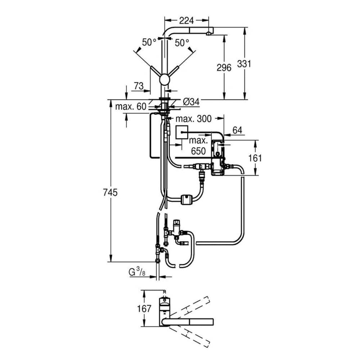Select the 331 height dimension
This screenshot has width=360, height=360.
[244, 64]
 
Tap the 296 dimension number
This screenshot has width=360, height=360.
[224, 67]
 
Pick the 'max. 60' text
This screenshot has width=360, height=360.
[131, 107]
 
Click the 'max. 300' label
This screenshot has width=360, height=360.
[193, 119]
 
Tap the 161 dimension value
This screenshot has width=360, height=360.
[255, 158]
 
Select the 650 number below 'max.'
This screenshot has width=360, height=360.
[198, 152]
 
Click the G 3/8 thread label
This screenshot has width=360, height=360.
[136, 271]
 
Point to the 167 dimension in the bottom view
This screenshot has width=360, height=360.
[144, 309]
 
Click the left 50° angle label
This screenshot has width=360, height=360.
[149, 42]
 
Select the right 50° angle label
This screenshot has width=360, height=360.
[182, 42]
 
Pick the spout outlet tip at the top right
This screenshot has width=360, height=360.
[208, 33]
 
